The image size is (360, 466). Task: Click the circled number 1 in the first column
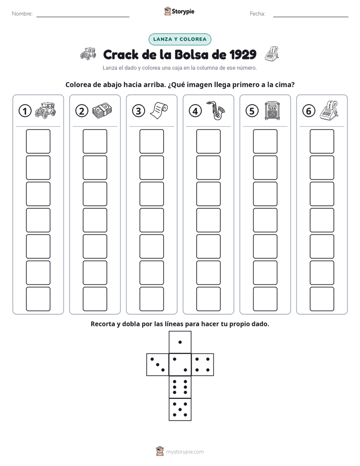[x=25, y=111]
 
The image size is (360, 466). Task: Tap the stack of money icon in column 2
[x=102, y=111]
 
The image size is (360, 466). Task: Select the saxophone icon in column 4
[x=216, y=110]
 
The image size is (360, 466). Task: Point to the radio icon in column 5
[x=272, y=111]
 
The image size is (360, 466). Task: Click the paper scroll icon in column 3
[x=159, y=110]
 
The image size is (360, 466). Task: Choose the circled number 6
[x=309, y=111]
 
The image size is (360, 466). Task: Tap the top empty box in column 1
[x=38, y=141]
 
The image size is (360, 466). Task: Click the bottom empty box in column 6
[x=322, y=299]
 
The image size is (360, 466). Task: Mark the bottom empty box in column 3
[x=151, y=299]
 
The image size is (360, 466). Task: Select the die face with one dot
[x=180, y=342]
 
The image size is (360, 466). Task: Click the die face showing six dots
[x=180, y=387]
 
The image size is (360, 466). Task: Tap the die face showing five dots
[x=180, y=409]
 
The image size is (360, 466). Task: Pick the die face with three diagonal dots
[x=158, y=364]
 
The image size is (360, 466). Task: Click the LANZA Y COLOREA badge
[x=179, y=39]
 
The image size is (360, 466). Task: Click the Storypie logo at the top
[x=179, y=11]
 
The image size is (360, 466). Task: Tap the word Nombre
[x=22, y=14]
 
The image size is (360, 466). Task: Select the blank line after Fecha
[x=311, y=17]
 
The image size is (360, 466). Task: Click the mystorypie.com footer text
[x=185, y=452]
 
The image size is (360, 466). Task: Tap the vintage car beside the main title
[x=88, y=54]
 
